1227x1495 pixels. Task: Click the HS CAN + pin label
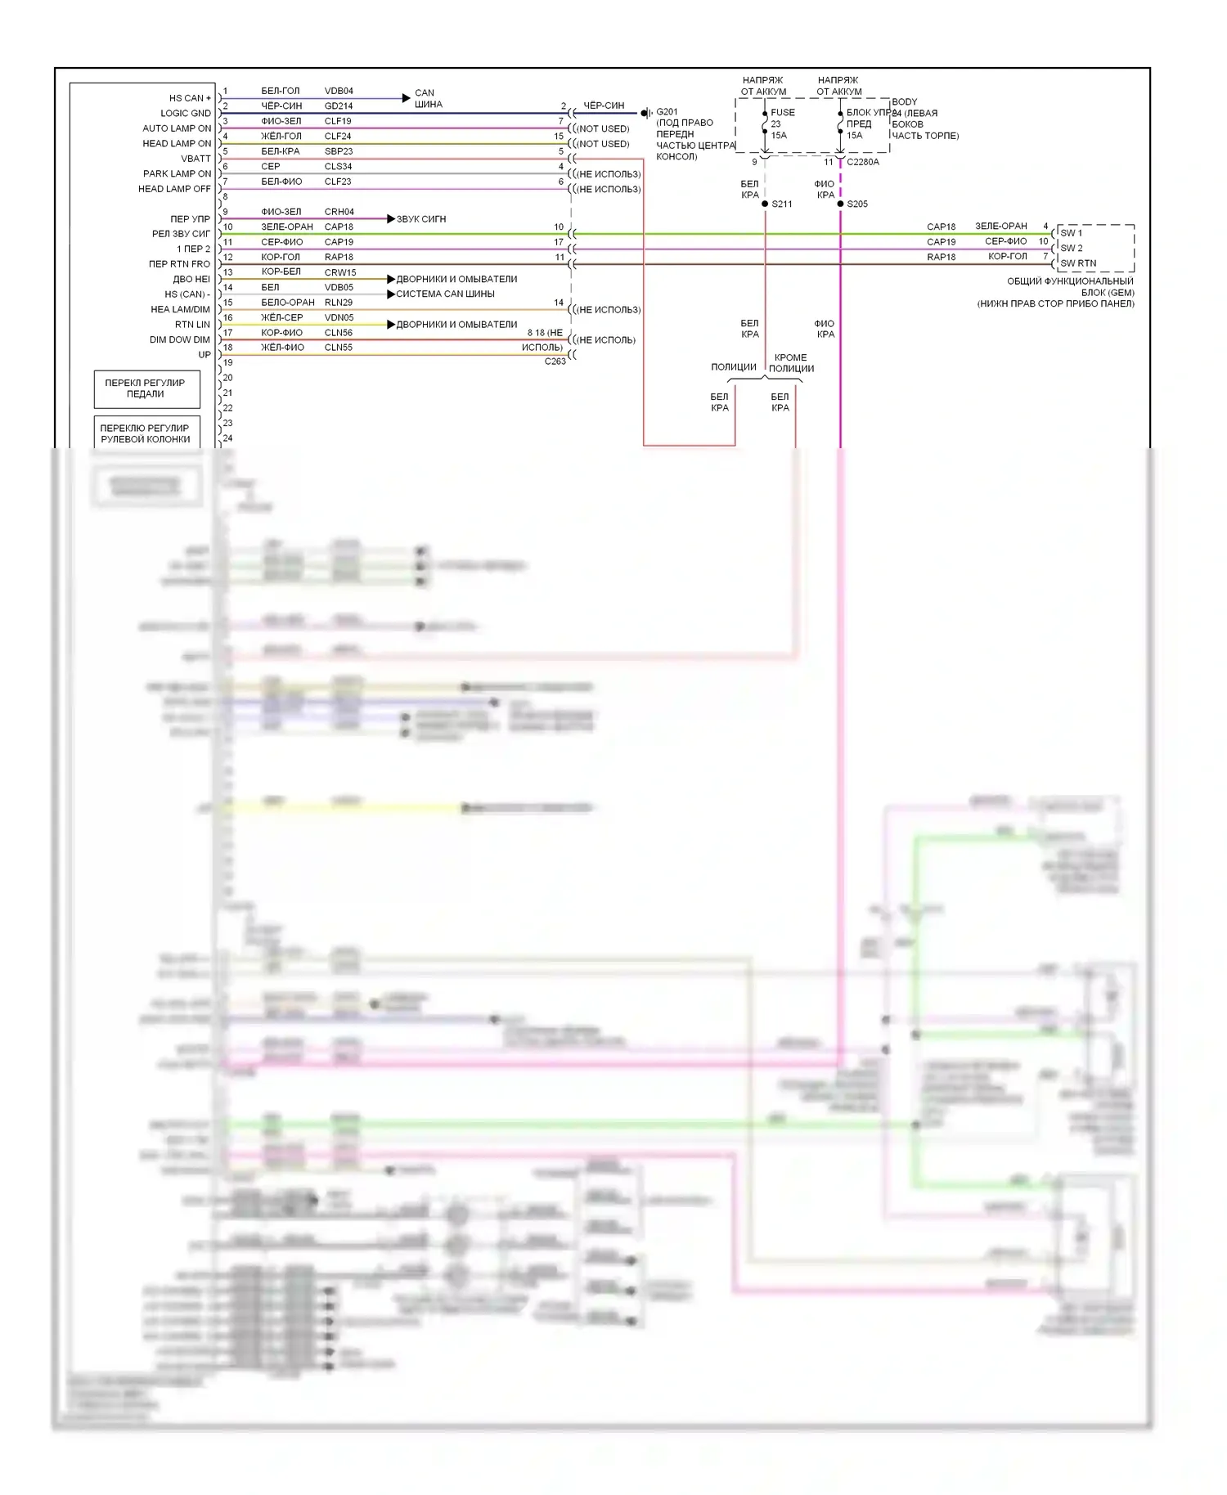pos(189,98)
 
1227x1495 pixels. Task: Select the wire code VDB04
pos(339,91)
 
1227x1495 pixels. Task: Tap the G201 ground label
pos(667,112)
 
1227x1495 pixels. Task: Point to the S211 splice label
pos(781,204)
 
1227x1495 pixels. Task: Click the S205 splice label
pos(857,204)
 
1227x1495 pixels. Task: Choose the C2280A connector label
pos(863,162)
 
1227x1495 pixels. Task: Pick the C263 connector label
pos(555,361)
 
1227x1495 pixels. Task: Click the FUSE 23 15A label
pos(781,123)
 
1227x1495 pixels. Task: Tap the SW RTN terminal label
pos(1077,263)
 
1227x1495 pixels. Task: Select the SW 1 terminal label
pos(1071,233)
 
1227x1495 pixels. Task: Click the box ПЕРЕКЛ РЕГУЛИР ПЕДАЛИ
pos(146,388)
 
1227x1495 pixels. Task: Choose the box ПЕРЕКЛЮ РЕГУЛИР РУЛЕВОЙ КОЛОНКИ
pos(146,433)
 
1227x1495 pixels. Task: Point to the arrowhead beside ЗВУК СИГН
pos(391,219)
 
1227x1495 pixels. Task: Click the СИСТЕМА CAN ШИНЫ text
pos(445,294)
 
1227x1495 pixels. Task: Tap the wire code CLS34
pos(338,166)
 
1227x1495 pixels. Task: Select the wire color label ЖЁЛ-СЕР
pos(281,317)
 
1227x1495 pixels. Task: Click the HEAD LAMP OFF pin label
pos(174,189)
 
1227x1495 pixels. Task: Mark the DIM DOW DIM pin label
pos(179,340)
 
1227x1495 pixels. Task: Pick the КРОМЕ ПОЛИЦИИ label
pos(791,363)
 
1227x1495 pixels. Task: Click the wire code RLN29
pos(338,303)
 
